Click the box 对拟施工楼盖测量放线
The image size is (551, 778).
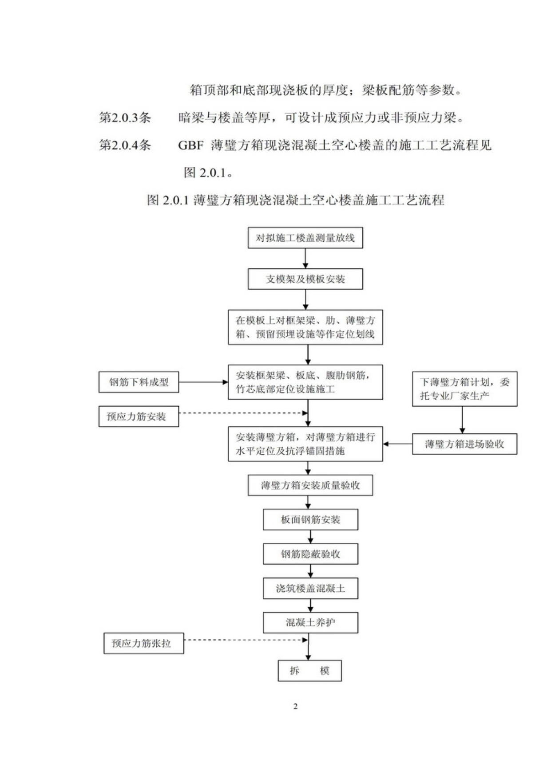pos(305,238)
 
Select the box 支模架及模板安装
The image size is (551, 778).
pos(305,279)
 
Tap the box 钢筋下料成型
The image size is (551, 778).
pos(139,382)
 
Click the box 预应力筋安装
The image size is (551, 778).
pos(139,417)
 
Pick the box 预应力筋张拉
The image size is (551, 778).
pos(143,643)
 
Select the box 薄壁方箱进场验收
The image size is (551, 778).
pos(464,444)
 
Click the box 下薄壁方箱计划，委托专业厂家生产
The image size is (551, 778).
pos(464,389)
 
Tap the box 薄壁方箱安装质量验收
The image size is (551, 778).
pos(310,485)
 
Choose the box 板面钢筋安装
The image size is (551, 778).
pos(310,519)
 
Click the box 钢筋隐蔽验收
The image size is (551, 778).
pos(310,554)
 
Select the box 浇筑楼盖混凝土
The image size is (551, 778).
pos(310,589)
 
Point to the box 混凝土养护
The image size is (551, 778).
pos(310,622)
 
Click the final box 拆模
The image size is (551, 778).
pos(310,671)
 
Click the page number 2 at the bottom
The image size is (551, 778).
pos(295,706)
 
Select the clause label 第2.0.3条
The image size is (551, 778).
pos(125,118)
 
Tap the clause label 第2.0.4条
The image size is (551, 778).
pos(125,145)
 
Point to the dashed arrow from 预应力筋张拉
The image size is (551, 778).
pos(246,640)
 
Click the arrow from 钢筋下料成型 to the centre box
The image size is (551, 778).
pos(203,382)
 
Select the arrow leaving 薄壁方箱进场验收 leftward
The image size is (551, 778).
pos(397,444)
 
